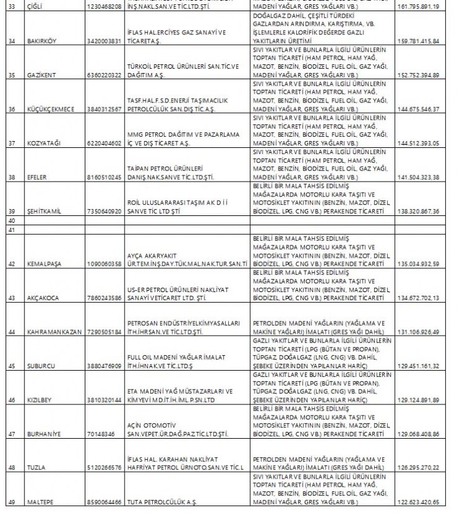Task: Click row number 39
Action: [x=10, y=212]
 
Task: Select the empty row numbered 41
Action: [x=10, y=230]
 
